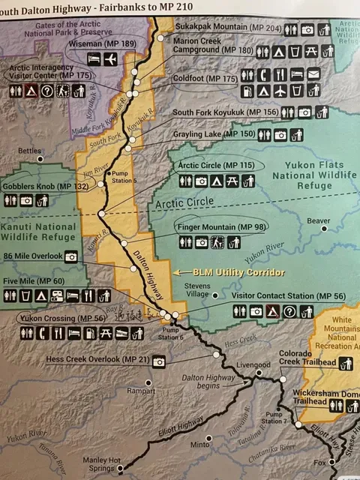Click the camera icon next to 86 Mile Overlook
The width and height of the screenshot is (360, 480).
71,256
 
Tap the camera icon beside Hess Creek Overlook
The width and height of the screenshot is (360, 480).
158,361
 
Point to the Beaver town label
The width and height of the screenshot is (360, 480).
318,221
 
